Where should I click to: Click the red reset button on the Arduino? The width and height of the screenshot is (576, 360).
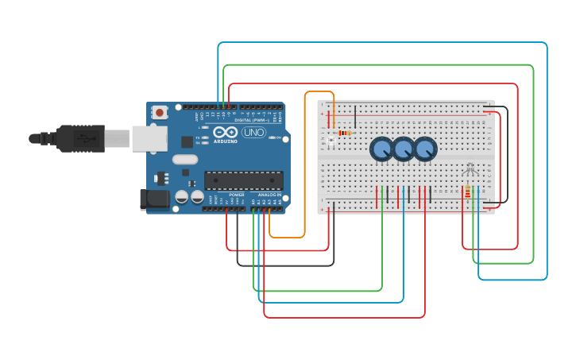coord(160,112)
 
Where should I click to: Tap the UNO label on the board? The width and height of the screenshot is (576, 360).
coord(253,132)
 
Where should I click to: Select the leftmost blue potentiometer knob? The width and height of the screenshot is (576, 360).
coord(381,149)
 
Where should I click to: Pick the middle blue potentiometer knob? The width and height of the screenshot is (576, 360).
coord(404,149)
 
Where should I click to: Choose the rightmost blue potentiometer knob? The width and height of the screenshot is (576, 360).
coord(425,149)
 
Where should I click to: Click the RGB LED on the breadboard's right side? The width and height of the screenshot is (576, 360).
coord(470,168)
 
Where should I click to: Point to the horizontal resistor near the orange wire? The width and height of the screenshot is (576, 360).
coord(344,133)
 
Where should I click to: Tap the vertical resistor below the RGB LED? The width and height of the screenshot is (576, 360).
coord(467,192)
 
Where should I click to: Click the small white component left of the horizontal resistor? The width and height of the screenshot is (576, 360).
coord(331,141)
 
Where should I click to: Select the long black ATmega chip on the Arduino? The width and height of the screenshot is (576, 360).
coord(243,180)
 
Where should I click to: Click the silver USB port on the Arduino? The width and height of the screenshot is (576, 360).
coord(149,138)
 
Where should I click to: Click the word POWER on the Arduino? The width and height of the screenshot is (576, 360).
coord(237,195)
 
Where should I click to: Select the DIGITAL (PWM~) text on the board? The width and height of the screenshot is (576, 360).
coord(253,120)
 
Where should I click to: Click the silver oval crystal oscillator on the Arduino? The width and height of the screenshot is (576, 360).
coord(184,159)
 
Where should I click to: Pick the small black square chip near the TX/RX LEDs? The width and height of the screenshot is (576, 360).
coord(187,141)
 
